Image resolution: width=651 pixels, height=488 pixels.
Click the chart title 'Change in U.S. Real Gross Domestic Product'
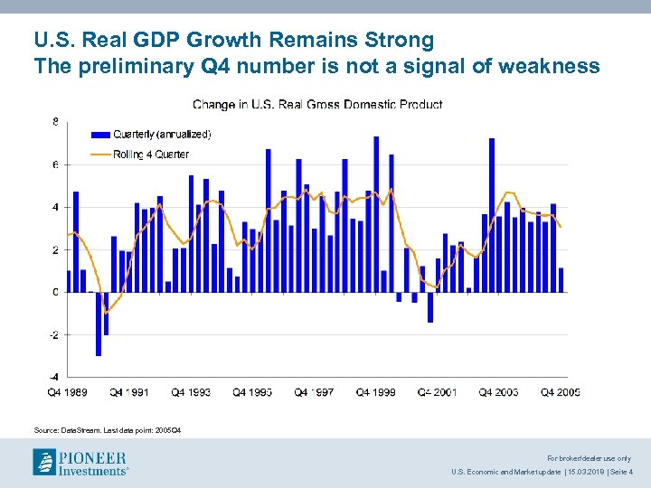317,105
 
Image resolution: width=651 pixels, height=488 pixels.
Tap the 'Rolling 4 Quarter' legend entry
151,155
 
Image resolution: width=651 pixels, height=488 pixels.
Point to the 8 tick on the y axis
55,122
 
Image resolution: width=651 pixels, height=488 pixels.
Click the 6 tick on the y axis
55,164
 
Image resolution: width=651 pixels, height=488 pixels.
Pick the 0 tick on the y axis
55,292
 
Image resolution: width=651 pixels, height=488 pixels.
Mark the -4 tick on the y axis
53,377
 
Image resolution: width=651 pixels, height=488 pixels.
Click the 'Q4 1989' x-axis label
68,392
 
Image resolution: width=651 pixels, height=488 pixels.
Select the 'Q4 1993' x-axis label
191,392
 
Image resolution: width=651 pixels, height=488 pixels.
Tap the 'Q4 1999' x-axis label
375,392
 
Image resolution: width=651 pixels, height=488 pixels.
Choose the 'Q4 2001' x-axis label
437,392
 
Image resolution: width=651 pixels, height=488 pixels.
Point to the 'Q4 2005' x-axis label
560,392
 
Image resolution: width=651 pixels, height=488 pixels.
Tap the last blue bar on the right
561,280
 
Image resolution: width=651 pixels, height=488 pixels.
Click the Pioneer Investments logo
80,462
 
